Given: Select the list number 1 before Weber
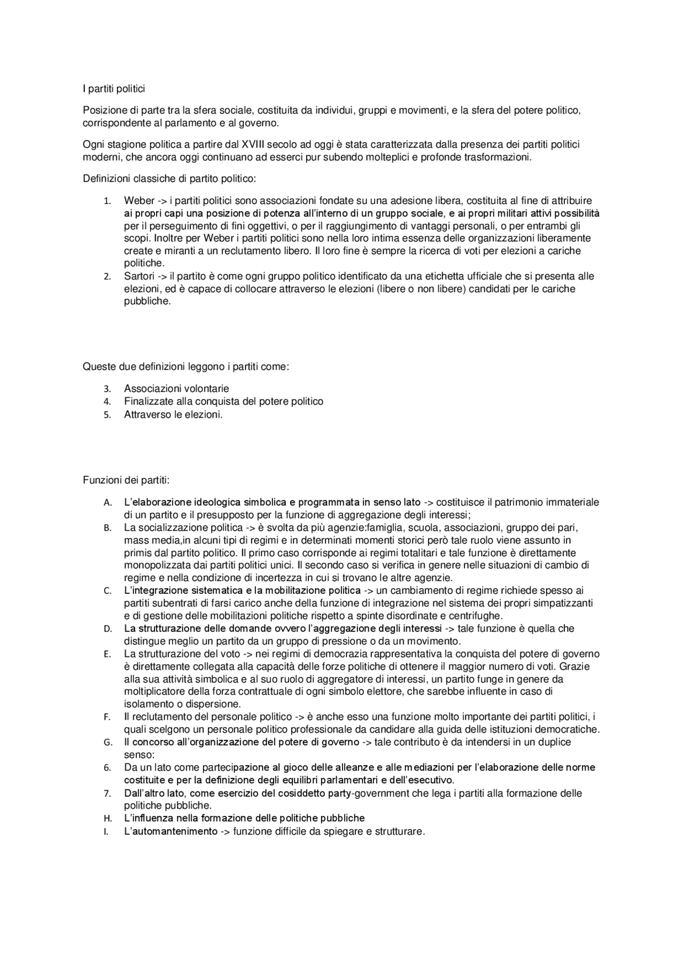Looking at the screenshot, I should (107, 201).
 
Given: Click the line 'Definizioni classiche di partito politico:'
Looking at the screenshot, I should (169, 178).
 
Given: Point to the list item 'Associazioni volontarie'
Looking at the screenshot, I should (176, 389).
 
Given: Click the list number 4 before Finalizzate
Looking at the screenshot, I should (107, 402).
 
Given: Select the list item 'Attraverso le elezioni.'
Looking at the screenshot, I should (173, 414).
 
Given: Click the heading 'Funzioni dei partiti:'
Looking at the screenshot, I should (126, 480).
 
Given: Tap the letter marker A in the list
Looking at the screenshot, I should (107, 503).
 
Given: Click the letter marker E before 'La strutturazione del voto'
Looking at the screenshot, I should (107, 655).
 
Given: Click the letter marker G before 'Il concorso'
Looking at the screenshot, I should (107, 743).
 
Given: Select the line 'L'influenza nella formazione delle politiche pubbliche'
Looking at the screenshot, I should (244, 818).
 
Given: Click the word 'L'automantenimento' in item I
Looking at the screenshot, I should (170, 831).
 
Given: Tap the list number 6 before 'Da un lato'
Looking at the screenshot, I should (107, 768).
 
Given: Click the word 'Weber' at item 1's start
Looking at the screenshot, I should (139, 201).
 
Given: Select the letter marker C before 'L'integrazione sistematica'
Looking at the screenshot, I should (107, 591).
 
